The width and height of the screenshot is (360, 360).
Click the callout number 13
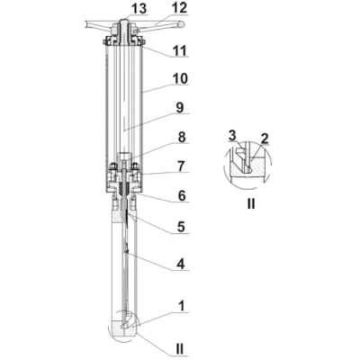[139, 8]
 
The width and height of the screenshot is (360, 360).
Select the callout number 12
[179, 8]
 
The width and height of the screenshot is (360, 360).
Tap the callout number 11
[180, 50]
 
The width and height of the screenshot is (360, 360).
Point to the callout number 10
[180, 79]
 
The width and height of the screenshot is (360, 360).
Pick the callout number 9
[180, 108]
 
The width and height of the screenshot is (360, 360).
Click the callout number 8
[182, 137]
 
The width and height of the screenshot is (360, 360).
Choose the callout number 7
[182, 166]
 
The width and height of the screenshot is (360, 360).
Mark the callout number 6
[182, 196]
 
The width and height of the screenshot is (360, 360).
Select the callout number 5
[182, 227]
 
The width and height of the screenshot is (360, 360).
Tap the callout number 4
[181, 265]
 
